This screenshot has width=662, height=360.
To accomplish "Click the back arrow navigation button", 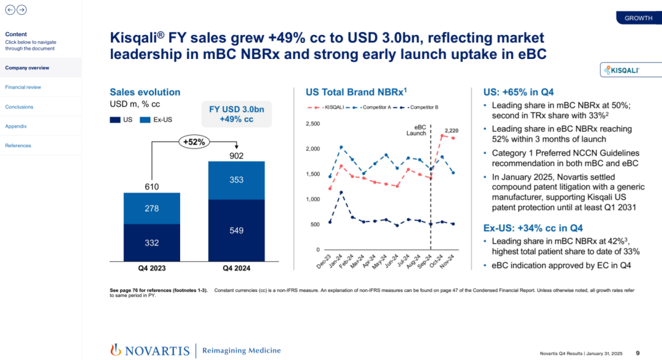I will click(10, 10).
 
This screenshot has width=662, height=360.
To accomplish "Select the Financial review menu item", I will click(23, 87).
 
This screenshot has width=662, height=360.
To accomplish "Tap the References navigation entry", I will click(18, 145).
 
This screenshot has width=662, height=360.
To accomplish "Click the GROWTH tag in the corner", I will click(638, 18).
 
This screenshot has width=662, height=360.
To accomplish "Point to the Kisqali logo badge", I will click(621, 71).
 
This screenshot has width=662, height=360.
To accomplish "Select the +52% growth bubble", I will click(194, 142).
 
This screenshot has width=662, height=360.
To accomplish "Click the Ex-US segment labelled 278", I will click(151, 209).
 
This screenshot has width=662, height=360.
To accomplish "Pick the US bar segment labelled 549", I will click(236, 231).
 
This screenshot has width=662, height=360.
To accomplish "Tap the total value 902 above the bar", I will click(236, 156).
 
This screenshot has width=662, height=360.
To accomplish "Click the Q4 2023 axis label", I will click(151, 268).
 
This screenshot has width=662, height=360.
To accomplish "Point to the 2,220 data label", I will click(452, 131).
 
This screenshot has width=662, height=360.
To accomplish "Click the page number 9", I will click(637, 353).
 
